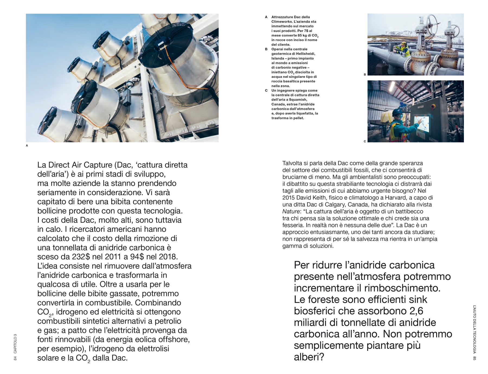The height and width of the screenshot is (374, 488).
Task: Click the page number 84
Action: pyautogui.click(x=15, y=358)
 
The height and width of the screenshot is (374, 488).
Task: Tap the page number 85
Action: pyautogui.click(x=474, y=358)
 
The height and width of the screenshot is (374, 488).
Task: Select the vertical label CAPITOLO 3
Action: pyautogui.click(x=15, y=344)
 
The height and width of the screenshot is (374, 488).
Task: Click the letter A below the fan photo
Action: pyautogui.click(x=27, y=146)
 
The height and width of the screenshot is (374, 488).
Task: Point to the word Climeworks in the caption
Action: pyautogui.click(x=281, y=22)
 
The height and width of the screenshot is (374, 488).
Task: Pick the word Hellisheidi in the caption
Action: pyautogui.click(x=306, y=54)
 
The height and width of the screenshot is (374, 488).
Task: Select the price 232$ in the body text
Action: pyautogui.click(x=81, y=257)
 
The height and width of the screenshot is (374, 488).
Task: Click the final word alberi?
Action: pyautogui.click(x=309, y=357)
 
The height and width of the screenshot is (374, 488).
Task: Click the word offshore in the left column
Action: pyautogui.click(x=173, y=340)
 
